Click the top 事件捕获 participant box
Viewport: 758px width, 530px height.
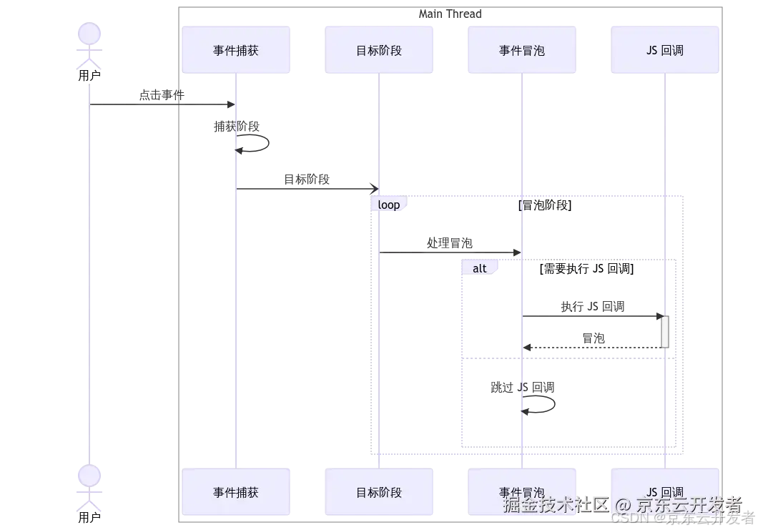[236, 50]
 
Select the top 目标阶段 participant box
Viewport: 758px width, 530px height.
[378, 50]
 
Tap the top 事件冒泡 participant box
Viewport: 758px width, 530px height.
[522, 50]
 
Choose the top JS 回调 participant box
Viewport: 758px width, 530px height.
[664, 50]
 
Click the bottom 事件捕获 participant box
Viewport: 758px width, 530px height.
[236, 492]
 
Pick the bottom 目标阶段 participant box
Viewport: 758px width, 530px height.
[378, 492]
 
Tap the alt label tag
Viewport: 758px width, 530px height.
[480, 268]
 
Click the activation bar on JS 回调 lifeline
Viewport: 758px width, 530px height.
[664, 332]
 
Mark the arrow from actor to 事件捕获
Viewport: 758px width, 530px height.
[162, 104]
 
